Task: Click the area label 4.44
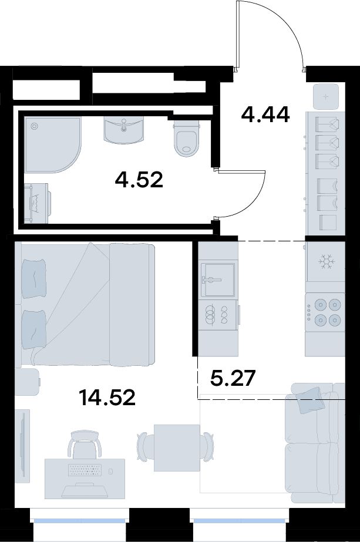point(265,115)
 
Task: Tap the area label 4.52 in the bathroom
point(139,180)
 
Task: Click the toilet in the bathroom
point(187,138)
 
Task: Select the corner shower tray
point(53,144)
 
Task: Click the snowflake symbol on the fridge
point(325,262)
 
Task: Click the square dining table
point(177,447)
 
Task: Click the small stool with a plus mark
point(325,97)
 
